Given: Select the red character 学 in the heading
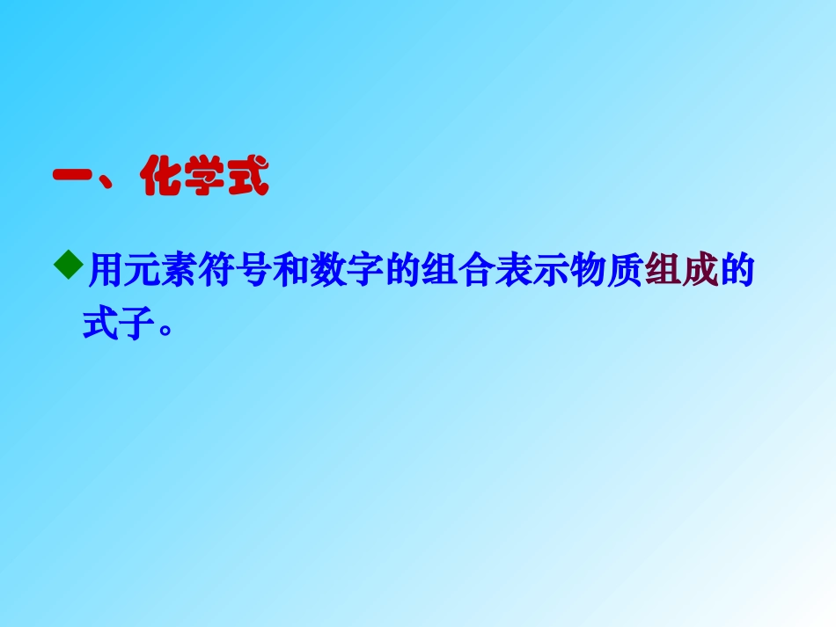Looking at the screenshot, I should pos(203,179).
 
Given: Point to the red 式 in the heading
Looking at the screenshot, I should pos(246,179).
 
